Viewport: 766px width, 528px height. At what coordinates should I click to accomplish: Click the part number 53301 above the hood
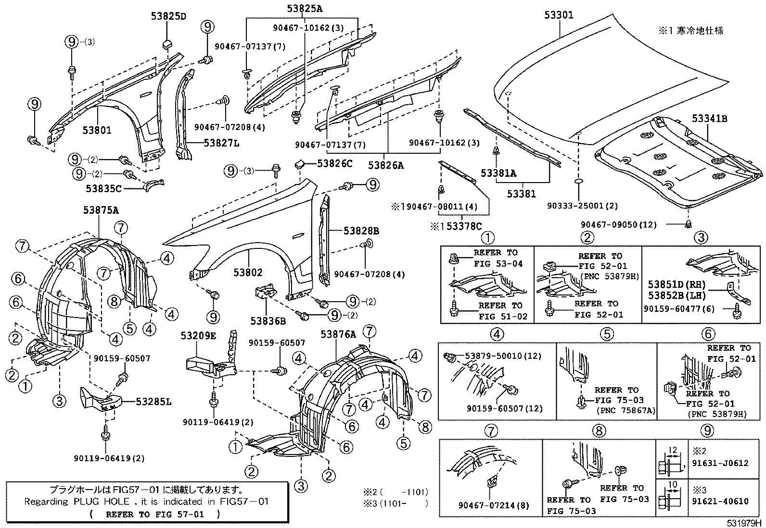559,15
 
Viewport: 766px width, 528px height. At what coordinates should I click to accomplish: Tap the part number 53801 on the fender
96,130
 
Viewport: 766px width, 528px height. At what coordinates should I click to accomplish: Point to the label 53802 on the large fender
248,272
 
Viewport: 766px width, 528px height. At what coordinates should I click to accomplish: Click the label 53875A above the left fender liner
101,209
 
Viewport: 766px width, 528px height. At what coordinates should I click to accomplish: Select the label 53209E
198,335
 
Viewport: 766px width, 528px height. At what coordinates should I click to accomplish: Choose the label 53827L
221,143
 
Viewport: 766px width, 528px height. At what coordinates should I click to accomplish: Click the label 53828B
361,231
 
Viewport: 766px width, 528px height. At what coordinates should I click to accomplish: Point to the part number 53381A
498,173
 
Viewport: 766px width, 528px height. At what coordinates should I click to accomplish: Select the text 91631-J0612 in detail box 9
720,463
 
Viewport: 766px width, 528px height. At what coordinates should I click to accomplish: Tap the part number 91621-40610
720,501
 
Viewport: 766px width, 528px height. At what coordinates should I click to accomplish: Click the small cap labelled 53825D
167,45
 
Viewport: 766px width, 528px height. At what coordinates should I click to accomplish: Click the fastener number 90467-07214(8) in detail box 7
487,505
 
